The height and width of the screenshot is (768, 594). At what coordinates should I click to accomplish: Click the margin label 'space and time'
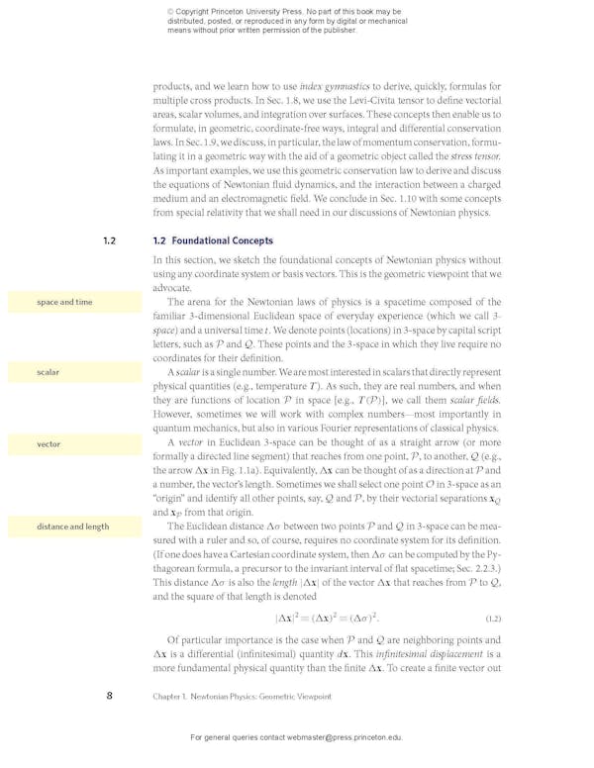tap(64, 302)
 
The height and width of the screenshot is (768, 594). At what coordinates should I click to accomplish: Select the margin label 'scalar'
tap(49, 372)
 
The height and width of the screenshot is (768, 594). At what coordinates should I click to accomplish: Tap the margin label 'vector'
tap(49, 444)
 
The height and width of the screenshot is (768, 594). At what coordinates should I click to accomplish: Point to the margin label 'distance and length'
tap(73, 527)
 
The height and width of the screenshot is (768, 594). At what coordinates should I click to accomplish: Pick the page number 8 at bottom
tap(109, 696)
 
